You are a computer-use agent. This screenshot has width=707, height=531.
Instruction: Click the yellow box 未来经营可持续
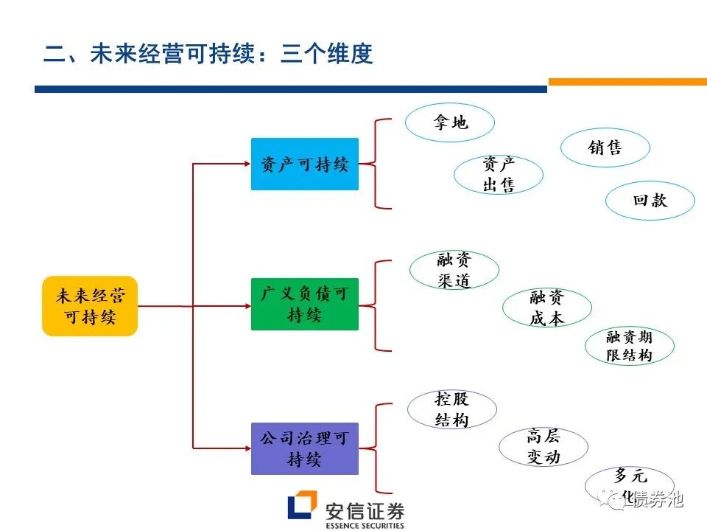(90, 306)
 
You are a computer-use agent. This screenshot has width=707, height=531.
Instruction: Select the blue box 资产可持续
(304, 164)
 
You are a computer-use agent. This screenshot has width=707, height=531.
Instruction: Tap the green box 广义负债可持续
(304, 304)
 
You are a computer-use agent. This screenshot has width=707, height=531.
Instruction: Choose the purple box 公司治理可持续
(304, 448)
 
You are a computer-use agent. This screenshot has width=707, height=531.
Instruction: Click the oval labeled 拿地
(450, 122)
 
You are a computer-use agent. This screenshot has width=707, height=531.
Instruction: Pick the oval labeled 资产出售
(499, 175)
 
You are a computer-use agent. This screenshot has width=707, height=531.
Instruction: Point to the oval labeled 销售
(605, 147)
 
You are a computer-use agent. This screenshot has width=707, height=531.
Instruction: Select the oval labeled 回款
(650, 201)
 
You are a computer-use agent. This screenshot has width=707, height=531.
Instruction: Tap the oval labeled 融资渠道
(454, 270)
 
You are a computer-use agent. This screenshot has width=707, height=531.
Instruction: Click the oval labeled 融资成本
(546, 308)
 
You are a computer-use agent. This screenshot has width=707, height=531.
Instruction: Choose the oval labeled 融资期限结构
(629, 346)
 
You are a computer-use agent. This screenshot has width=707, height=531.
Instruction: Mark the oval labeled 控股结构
(451, 409)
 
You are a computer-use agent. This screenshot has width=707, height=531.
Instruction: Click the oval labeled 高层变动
(543, 446)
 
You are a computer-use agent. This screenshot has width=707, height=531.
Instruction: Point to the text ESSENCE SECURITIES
(364, 525)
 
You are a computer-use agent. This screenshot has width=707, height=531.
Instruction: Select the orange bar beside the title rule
(627, 82)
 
